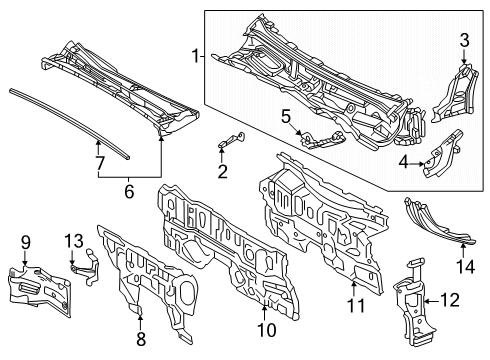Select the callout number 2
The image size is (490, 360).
(x=222, y=171)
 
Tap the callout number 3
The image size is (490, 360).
(x=463, y=40)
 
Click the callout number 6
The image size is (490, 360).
(x=129, y=189)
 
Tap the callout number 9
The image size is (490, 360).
(x=25, y=241)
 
